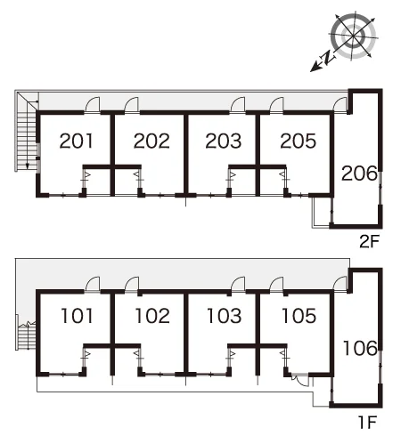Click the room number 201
pos(77,141)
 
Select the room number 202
pos(151,141)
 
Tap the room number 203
pos(224,141)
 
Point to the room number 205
pos(299,141)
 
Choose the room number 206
pos(359,174)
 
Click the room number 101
pos(77,316)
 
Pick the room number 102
pos(152,316)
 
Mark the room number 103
pos(224,316)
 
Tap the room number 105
pos(299,316)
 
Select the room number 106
pos(360,348)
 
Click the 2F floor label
pos(370,242)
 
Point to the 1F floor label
pos(368,423)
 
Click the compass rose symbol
pos(353,36)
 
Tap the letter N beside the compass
pos(327,58)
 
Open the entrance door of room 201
pos(93,105)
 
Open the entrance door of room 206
pos(340,105)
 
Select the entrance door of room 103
pos(238,285)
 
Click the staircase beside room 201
pos(27,132)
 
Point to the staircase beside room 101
pos(26,336)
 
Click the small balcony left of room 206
pos(322,212)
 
